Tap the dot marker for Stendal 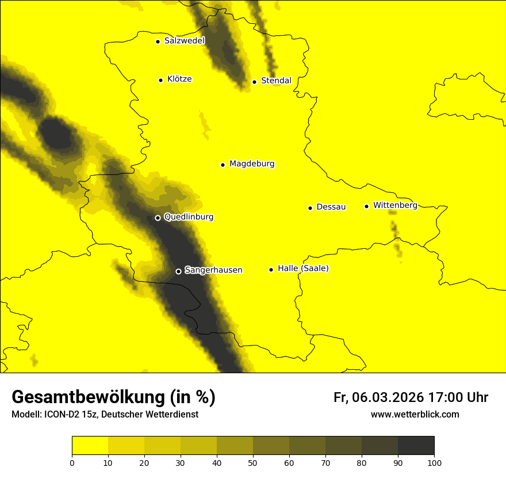coord(254,82)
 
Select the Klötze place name coord(179,79)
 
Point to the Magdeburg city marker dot coord(223,165)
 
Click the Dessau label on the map coord(331,207)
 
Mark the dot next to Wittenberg coord(366,206)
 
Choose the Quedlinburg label coord(189,217)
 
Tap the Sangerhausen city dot coord(178,271)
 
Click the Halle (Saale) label coord(303,268)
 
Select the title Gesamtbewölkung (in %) coord(113,397)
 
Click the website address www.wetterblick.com coord(415,414)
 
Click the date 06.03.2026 coord(388,397)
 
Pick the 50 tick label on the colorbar coord(253,462)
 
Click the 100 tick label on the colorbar coord(434,462)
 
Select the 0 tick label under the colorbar coord(72,462)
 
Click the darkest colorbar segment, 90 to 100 coord(416,446)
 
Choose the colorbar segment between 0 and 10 coord(90,446)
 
